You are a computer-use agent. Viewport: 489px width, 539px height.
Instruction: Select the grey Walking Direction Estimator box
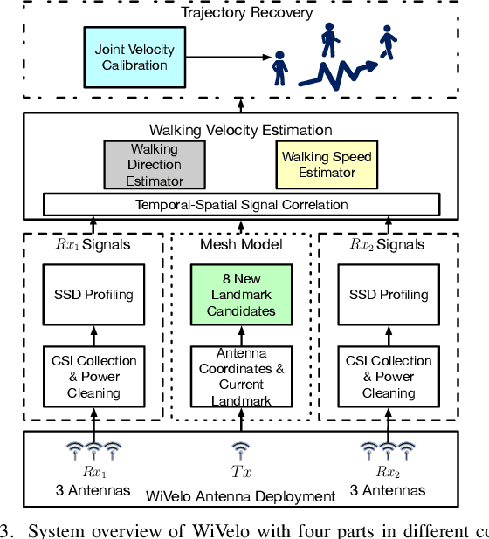coord(155,165)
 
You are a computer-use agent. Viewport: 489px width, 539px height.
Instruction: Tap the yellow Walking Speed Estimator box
coord(327,165)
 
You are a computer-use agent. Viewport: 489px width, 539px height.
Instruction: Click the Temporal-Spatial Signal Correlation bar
coord(241,205)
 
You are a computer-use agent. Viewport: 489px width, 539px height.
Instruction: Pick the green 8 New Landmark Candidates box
coord(241,294)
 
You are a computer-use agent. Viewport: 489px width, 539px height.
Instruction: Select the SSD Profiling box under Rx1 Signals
coord(93,294)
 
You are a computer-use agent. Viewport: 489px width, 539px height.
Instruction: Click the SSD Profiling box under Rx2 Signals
coord(389,294)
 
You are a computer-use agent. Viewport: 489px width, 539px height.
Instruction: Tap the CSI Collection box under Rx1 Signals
coord(93,376)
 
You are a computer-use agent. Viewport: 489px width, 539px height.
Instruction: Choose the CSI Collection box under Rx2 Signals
coord(389,376)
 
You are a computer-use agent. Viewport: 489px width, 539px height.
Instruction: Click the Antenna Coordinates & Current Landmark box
coord(241,376)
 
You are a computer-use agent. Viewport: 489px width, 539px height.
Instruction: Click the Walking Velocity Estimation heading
coord(241,130)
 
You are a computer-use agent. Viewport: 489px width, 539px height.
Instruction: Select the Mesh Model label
coord(241,244)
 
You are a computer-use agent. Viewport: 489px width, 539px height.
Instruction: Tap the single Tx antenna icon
coord(241,450)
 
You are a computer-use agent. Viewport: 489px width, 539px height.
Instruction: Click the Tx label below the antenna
coord(241,472)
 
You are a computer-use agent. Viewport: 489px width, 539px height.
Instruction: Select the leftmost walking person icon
coord(280,66)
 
